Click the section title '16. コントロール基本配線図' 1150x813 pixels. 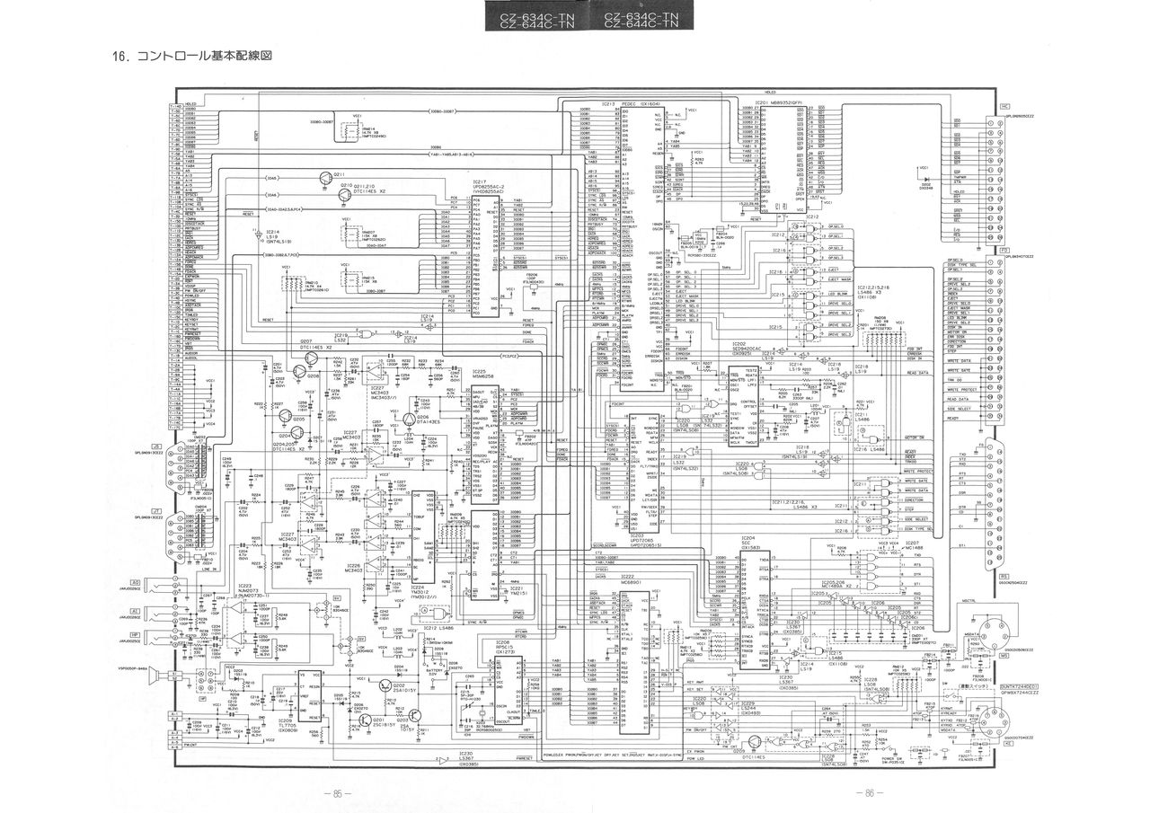(191, 57)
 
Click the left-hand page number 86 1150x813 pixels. (337, 793)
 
